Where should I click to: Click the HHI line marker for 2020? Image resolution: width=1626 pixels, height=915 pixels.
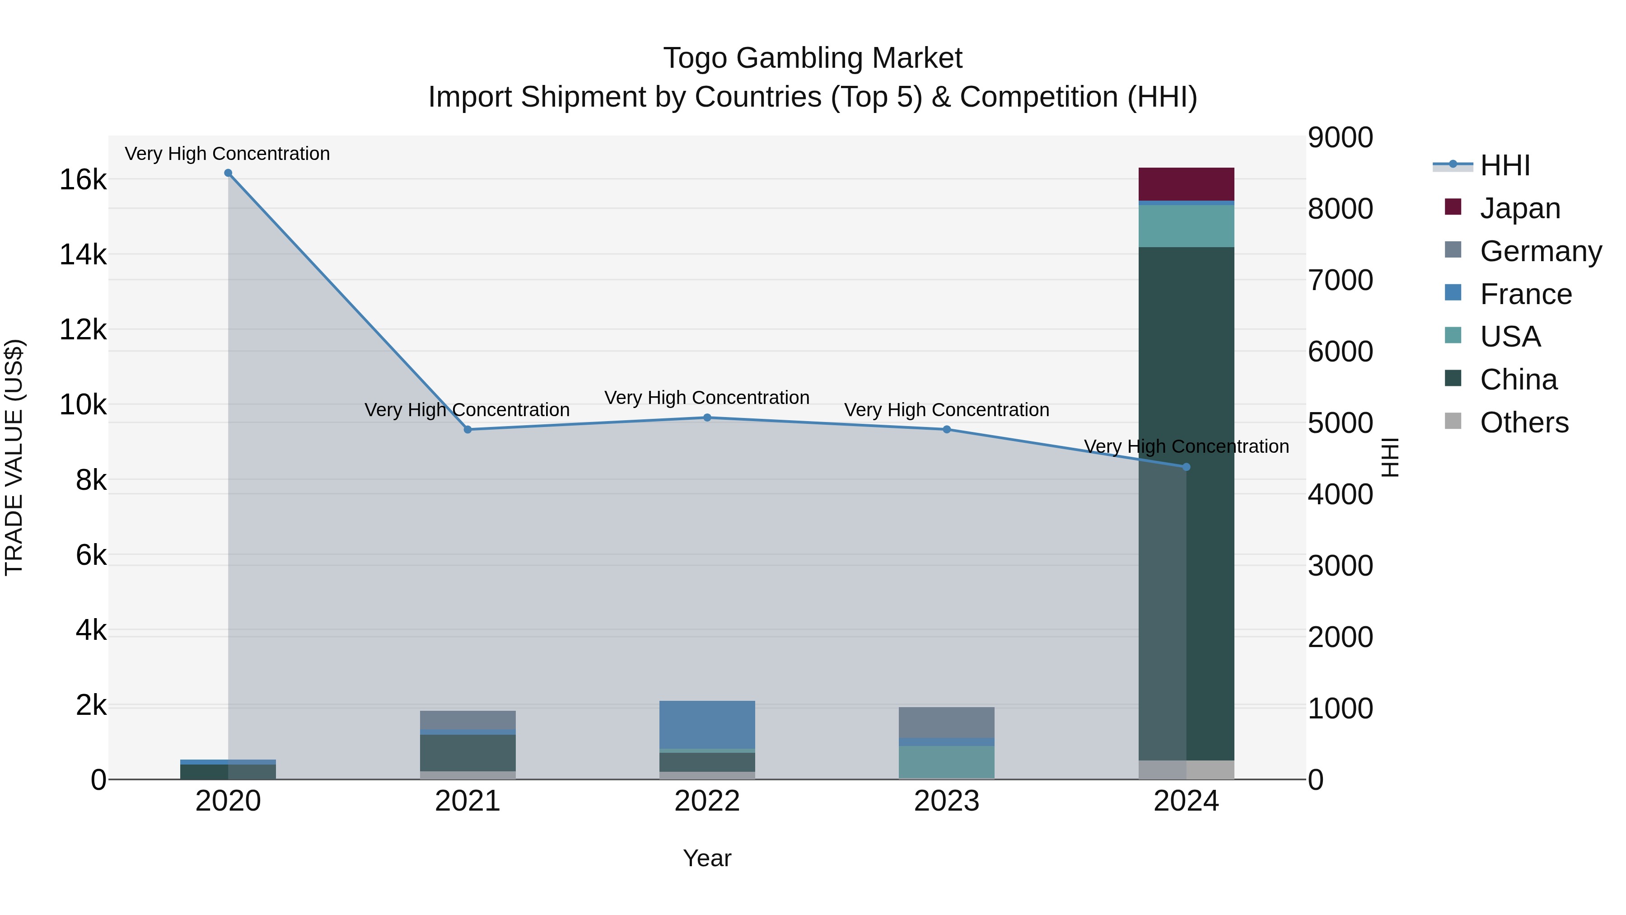pos(228,173)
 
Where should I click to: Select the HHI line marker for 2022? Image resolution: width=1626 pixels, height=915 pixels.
pos(707,418)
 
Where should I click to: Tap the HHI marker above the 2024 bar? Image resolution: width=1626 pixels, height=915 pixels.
pos(1186,467)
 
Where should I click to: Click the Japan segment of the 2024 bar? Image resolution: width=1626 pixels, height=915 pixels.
pos(1186,184)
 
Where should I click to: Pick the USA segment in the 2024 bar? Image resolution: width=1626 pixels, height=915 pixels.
pos(1186,225)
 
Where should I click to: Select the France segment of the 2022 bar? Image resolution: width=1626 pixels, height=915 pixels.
pos(707,724)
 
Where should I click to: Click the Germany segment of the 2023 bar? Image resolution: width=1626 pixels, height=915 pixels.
pos(946,722)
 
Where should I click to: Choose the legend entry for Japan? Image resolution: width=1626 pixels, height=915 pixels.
pos(1519,208)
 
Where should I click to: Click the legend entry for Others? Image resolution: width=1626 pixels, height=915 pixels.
pos(1524,422)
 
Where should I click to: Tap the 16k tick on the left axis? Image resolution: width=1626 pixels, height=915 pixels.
pos(83,180)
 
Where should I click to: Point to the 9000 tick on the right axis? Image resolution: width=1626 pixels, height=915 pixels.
pos(1340,138)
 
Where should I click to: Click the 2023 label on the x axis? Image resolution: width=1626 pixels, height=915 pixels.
pos(946,801)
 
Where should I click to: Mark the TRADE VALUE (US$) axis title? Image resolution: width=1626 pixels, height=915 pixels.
pos(14,457)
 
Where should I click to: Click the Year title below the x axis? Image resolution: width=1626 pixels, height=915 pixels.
pos(707,858)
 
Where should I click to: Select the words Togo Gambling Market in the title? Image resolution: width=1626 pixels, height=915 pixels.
pos(813,58)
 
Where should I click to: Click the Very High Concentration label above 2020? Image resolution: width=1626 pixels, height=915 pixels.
pos(227,154)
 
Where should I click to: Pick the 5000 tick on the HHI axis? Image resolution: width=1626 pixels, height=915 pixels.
pos(1340,422)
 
